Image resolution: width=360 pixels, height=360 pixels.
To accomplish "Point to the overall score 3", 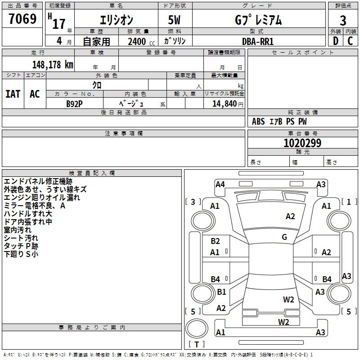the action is tap(343, 21).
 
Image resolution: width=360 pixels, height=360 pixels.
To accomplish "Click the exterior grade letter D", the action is tap(335, 41).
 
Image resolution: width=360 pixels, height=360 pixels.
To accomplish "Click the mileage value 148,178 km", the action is tap(53, 64).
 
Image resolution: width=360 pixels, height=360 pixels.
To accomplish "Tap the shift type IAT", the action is tap(13, 94).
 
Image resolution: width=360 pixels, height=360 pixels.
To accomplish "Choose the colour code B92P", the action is tap(74, 103).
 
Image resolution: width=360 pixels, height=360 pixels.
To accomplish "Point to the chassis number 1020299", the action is tap(302, 143).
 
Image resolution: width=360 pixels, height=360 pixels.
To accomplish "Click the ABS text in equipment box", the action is tap(258, 121).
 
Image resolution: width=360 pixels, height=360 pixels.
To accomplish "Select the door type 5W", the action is tap(175, 21).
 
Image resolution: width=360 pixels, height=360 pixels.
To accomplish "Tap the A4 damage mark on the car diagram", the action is tap(220, 184).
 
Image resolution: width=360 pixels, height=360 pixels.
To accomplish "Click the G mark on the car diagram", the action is tap(284, 237).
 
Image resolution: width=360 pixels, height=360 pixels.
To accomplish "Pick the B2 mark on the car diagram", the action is tap(215, 241).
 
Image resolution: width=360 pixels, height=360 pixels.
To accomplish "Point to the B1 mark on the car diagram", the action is tap(221, 292).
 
